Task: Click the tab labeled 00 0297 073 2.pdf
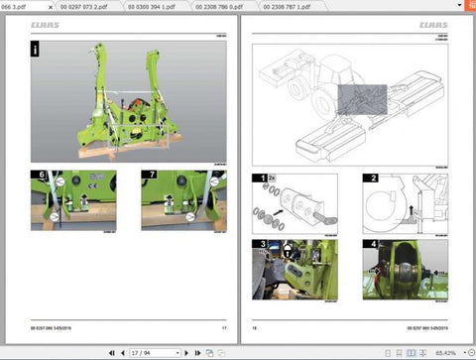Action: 90,5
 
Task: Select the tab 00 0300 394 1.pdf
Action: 154,5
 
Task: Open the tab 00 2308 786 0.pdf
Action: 219,5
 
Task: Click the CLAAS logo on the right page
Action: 432,25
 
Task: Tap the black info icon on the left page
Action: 36,48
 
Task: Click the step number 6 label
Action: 40,176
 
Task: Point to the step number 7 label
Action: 149,176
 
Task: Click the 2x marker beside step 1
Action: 273,177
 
